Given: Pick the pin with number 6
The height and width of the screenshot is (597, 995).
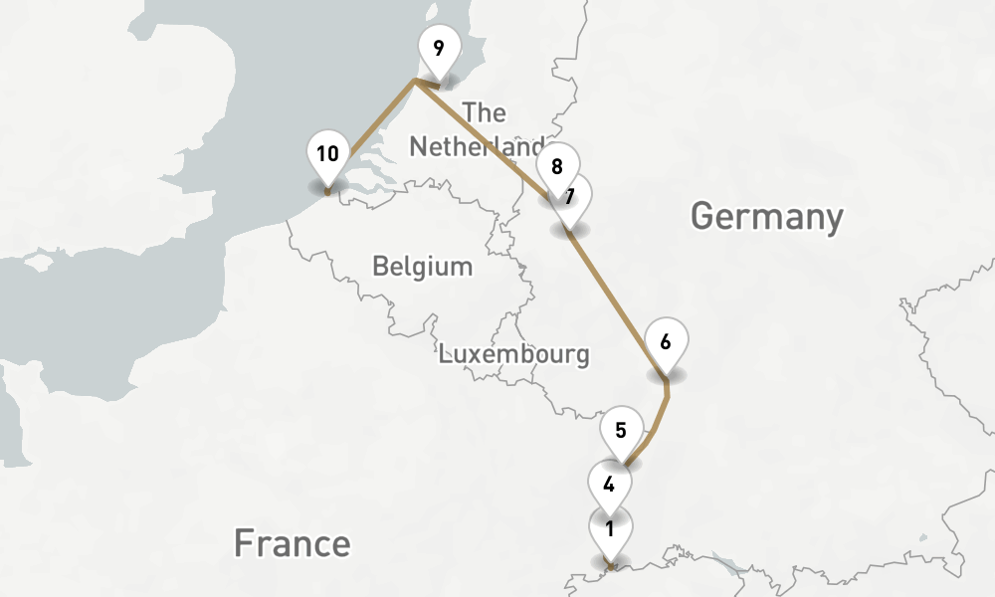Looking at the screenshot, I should [666, 340].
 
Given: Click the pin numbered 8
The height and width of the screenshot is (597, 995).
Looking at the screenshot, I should [556, 165].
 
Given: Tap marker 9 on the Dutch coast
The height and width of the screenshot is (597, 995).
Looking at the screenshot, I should [439, 47].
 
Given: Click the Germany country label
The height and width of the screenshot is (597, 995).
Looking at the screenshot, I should [766, 215].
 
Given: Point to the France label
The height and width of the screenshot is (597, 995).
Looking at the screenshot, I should [292, 544].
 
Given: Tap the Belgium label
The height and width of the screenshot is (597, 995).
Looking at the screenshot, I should [422, 267].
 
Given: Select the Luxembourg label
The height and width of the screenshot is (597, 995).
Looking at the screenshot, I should [513, 353].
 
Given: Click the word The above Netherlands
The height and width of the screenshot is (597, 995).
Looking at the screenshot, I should [485, 112].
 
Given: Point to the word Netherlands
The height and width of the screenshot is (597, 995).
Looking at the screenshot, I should [477, 147].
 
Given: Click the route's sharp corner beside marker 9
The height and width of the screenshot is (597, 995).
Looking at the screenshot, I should [415, 84].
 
